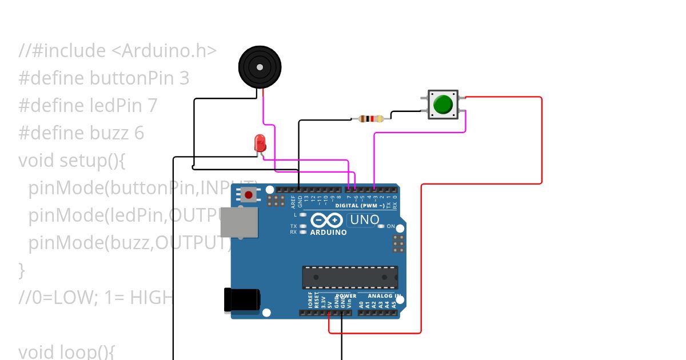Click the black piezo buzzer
[x=260, y=67]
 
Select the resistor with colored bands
[x=370, y=119]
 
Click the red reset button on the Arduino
[x=249, y=195]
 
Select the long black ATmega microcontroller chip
[x=350, y=277]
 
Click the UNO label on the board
[x=364, y=220]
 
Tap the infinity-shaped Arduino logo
[x=326, y=221]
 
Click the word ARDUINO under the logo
[x=328, y=233]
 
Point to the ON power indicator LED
[x=381, y=226]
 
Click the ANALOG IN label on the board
[x=384, y=296]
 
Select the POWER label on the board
[x=345, y=296]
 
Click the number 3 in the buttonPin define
[x=184, y=78]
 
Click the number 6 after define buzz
[x=139, y=133]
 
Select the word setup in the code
[x=82, y=161]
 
